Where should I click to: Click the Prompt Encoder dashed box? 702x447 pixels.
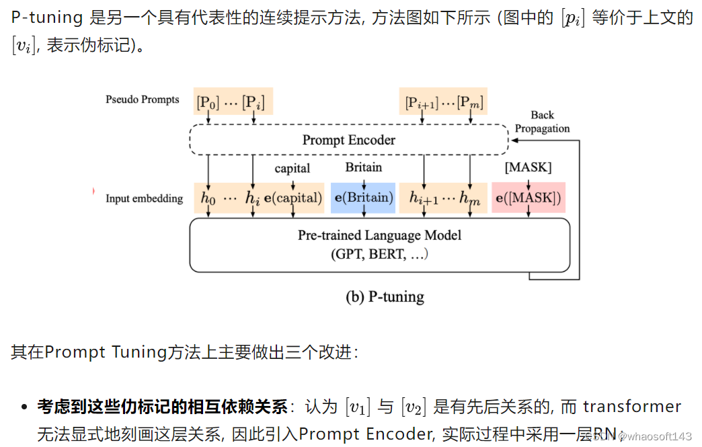point(348,140)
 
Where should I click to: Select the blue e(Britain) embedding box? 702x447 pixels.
point(363,198)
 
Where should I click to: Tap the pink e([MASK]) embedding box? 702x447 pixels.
point(529,198)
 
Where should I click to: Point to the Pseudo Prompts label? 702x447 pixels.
point(143,99)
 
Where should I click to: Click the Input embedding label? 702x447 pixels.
point(144,198)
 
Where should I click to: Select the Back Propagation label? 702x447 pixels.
point(542,122)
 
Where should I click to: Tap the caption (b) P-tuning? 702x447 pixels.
point(385,296)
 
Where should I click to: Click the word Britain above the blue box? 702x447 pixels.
point(363,167)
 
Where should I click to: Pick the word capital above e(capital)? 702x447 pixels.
point(292,168)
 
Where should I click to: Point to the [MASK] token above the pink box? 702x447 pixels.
point(528,167)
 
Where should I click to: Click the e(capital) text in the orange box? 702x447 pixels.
point(293,198)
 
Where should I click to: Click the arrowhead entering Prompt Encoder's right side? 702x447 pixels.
point(514,140)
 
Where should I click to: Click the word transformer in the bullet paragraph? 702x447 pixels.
point(632,407)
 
